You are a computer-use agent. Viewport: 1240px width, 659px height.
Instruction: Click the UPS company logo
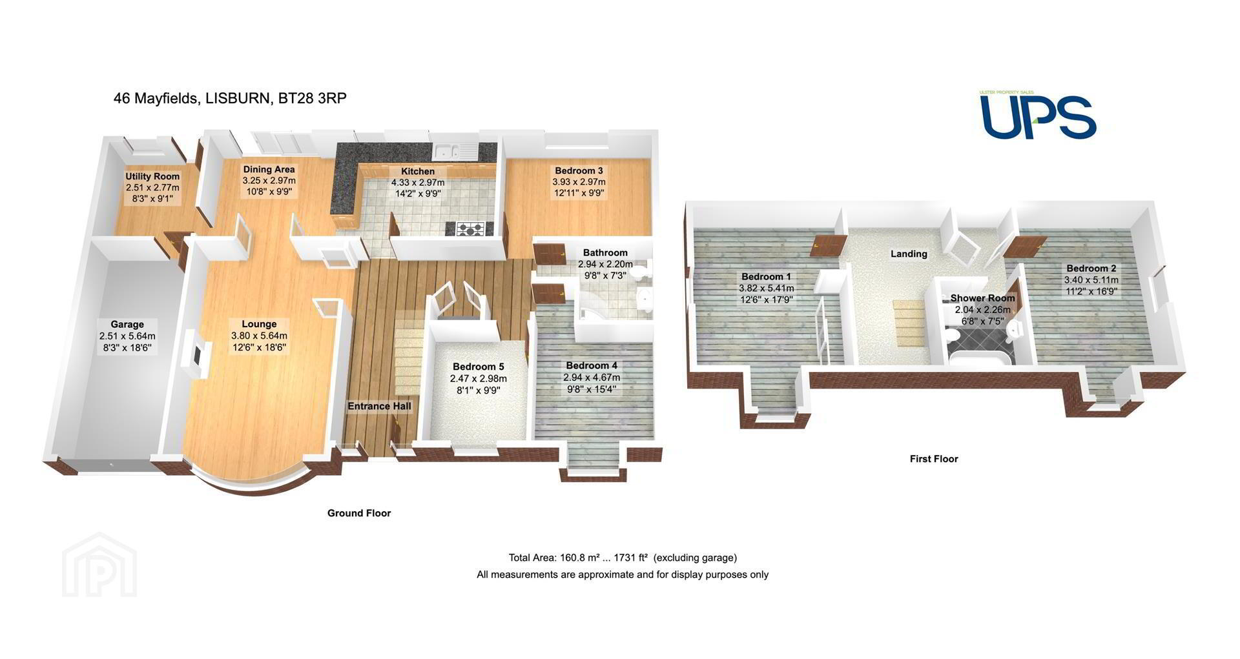point(1038,115)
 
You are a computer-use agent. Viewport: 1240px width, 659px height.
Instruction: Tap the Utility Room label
point(152,176)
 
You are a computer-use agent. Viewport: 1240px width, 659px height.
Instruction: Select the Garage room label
point(127,325)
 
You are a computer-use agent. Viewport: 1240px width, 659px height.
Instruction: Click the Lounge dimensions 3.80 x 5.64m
point(259,336)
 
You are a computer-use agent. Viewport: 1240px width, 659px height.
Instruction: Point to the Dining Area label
point(269,170)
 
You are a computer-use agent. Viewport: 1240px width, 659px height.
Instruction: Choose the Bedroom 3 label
point(579,171)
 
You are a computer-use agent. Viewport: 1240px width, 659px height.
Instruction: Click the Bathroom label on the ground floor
point(605,253)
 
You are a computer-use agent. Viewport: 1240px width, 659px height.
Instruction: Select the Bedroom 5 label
point(478,367)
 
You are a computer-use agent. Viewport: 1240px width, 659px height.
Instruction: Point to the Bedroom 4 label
point(592,365)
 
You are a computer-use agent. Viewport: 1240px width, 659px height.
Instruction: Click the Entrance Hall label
point(379,406)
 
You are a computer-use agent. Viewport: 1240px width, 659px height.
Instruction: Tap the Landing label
point(909,254)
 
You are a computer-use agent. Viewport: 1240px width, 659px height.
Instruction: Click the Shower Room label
point(982,298)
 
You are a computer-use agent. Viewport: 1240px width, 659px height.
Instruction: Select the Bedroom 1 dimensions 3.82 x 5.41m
point(767,289)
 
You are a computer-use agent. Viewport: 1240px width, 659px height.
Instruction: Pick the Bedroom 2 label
point(1091,269)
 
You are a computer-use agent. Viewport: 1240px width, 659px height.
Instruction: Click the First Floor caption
point(934,459)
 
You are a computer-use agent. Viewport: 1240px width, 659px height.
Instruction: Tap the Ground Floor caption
point(359,513)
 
